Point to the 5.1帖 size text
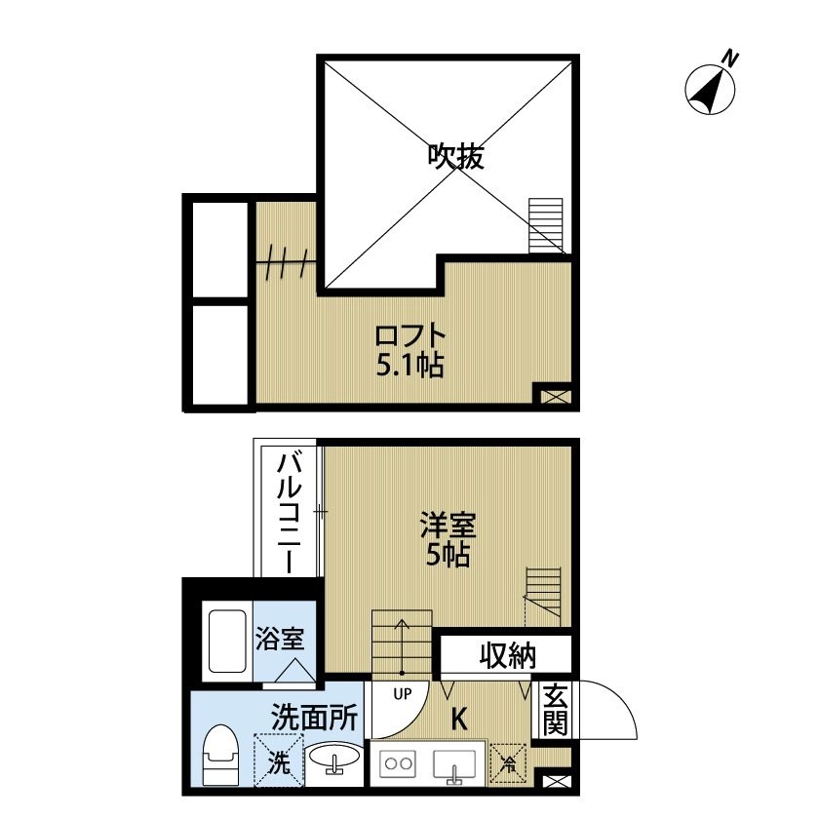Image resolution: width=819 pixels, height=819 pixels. [410, 367]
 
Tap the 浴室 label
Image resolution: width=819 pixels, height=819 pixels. [280, 640]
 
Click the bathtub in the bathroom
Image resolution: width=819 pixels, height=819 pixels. [226, 643]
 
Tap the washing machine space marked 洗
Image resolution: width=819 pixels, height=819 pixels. [277, 759]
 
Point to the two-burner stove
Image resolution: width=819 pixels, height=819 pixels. [400, 763]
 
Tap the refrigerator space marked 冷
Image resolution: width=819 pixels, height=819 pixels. [507, 761]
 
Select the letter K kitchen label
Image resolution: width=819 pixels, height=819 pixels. [458, 720]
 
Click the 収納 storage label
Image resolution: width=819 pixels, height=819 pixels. [507, 656]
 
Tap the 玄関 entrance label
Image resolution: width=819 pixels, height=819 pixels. [555, 710]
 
